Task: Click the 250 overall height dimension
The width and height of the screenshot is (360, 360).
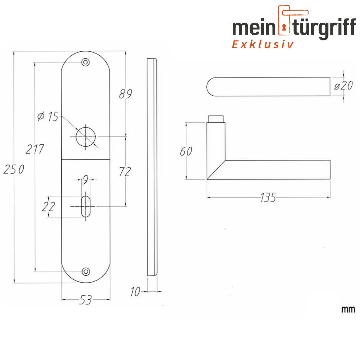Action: (x=14, y=169)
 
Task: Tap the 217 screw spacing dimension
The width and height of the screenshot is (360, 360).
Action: (x=34, y=149)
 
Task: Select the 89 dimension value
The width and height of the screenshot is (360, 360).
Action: (x=125, y=94)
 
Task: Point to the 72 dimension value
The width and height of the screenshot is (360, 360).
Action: (x=125, y=171)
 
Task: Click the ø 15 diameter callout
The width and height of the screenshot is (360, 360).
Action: (x=48, y=117)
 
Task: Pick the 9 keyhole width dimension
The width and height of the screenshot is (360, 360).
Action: (x=85, y=180)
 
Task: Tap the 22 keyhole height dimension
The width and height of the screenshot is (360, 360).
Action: (x=48, y=206)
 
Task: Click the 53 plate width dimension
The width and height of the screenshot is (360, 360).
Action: (x=85, y=300)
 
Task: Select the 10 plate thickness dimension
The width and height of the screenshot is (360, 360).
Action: (x=135, y=292)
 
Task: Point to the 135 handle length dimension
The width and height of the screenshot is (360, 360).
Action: (x=268, y=197)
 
